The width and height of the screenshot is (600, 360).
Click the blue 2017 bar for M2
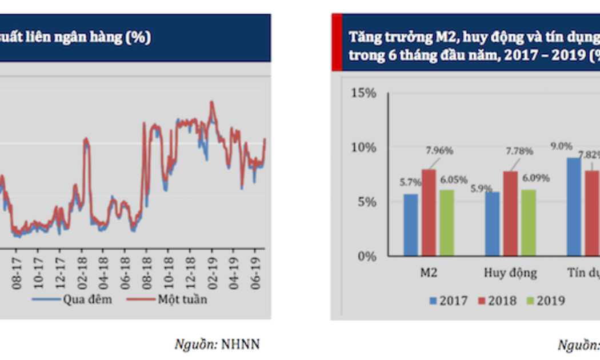(x=411, y=225)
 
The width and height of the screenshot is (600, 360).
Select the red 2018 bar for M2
(x=429, y=213)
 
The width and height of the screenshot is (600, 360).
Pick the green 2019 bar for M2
(x=447, y=223)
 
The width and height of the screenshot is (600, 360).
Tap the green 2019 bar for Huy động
(x=528, y=222)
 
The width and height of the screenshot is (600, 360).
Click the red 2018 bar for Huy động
(x=510, y=213)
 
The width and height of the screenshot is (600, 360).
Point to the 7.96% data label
(x=439, y=151)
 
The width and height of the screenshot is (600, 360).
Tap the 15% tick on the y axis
(x=363, y=93)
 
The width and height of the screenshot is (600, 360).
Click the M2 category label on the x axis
(x=429, y=273)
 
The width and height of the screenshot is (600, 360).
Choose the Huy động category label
(x=510, y=273)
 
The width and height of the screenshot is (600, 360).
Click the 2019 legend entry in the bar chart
(x=545, y=301)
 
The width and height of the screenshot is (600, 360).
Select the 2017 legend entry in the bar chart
(x=449, y=301)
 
